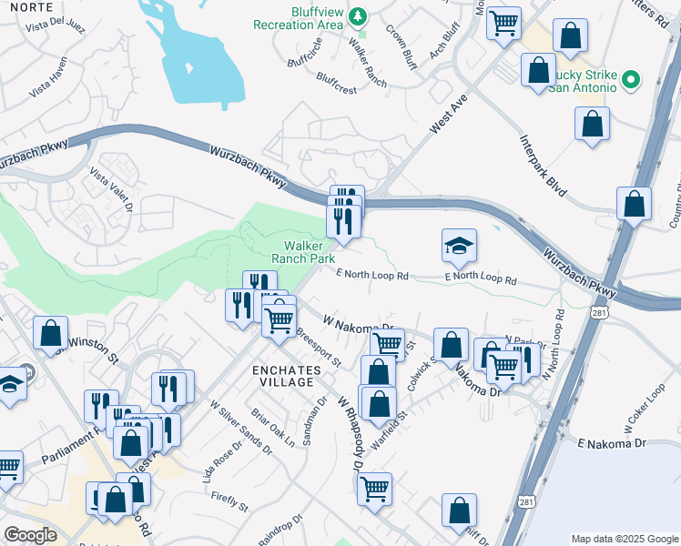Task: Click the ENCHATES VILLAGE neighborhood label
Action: (287, 375)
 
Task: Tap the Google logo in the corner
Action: (31, 535)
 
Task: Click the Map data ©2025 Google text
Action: (624, 539)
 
